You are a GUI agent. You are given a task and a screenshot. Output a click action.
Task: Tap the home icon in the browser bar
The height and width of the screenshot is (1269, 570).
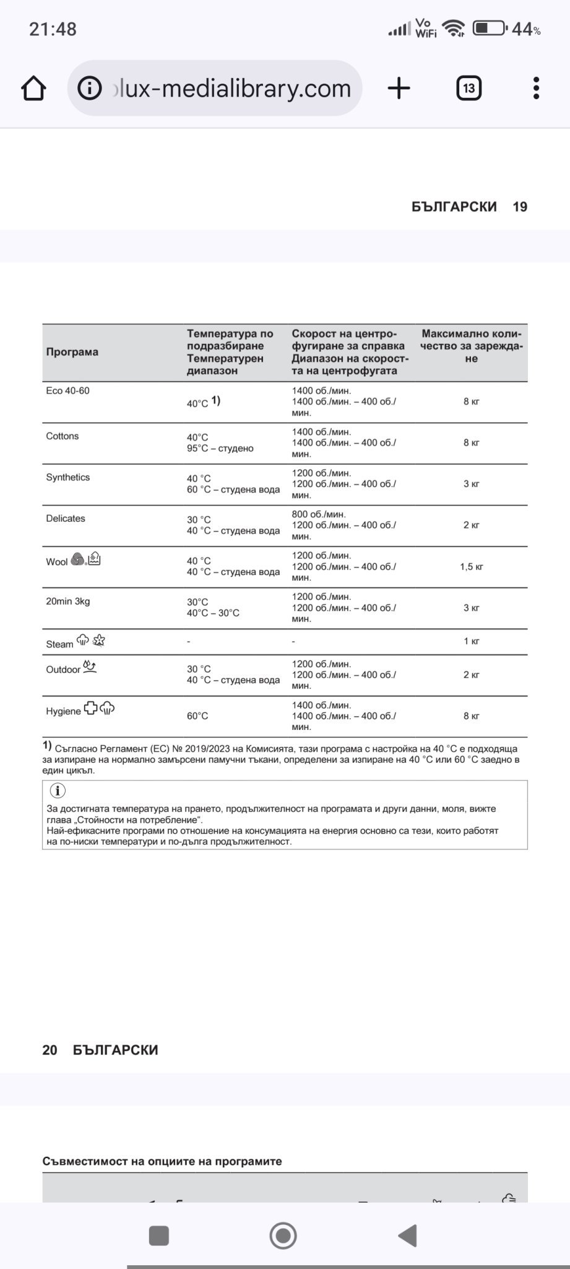(33, 89)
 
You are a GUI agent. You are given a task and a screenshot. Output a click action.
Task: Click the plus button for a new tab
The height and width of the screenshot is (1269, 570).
(399, 89)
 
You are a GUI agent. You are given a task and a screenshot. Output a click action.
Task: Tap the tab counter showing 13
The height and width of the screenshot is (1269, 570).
(469, 89)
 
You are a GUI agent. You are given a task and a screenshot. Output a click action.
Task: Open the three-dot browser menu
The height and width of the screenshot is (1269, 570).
(536, 89)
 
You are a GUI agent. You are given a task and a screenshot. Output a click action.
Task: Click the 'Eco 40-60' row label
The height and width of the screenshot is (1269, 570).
(67, 391)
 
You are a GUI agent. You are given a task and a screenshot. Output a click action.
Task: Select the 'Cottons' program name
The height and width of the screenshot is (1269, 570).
(63, 436)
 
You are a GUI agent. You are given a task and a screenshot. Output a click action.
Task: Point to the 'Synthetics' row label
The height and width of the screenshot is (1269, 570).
(68, 477)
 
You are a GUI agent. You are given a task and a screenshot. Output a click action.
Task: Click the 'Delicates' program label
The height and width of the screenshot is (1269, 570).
(66, 519)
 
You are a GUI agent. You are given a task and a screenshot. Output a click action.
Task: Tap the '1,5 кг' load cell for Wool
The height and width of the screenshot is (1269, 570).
(471, 566)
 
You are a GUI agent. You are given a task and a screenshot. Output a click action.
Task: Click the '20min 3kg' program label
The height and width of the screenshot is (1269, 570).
(68, 601)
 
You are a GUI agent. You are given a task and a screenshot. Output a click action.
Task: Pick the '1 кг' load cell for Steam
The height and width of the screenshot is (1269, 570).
(471, 641)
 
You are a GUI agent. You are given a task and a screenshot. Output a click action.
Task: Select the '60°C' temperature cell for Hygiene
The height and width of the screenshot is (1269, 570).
(197, 716)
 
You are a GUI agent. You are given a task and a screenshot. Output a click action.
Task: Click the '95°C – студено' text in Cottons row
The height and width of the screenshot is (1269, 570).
(220, 449)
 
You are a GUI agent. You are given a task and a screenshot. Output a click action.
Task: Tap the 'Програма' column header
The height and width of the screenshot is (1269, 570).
(72, 352)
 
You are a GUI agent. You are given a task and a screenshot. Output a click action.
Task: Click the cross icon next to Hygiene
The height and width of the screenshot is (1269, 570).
(90, 709)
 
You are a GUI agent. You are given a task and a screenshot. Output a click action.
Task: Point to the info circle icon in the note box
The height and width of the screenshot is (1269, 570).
(57, 791)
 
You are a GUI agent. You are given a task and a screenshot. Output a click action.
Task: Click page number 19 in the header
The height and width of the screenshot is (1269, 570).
(520, 207)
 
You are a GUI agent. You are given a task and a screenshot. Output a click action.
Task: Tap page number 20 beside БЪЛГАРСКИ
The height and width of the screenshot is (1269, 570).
(50, 1050)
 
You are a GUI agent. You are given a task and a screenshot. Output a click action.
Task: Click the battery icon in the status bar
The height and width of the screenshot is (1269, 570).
(489, 29)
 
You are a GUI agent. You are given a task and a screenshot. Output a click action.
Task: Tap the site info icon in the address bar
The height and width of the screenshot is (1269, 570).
(89, 89)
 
